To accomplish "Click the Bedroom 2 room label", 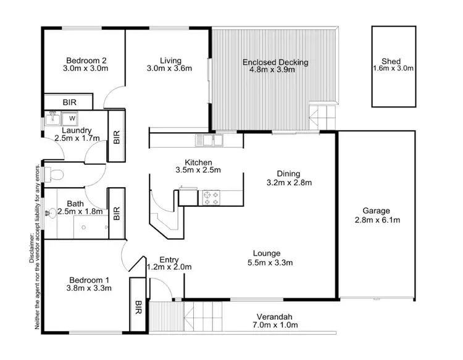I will [x=86, y=61].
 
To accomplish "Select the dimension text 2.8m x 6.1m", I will [x=377, y=220].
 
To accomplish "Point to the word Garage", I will [x=377, y=211].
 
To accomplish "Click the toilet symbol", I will [x=55, y=174].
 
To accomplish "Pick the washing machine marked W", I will [x=72, y=117].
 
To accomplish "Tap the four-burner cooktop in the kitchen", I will [x=210, y=198].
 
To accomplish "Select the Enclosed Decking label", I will [x=275, y=62].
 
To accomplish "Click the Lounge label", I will [x=267, y=253].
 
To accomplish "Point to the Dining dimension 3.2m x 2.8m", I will [x=288, y=183].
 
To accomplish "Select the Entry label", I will [x=169, y=259].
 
